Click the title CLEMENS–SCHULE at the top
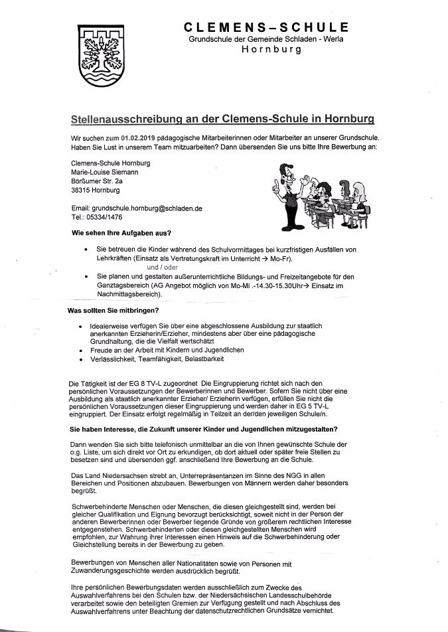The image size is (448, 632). [x=266, y=27]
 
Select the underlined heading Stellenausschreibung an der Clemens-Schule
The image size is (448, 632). [x=222, y=119]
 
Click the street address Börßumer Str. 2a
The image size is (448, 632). [x=97, y=181]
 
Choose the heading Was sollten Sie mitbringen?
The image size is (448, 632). [x=113, y=311]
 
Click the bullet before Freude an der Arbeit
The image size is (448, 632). [x=81, y=349]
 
